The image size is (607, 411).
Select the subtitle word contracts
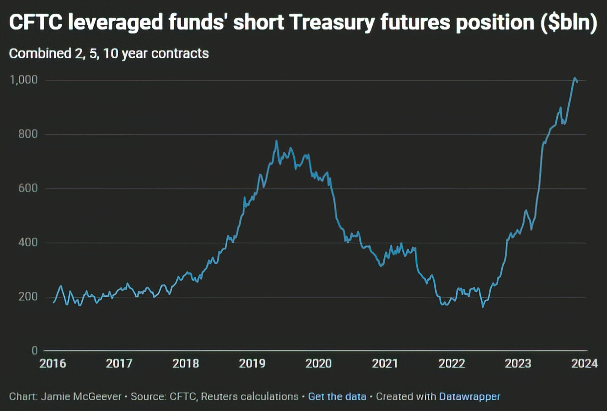point(180,53)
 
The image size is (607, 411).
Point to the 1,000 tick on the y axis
point(24,80)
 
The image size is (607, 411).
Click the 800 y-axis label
point(28,134)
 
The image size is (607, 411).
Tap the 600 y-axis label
point(28,188)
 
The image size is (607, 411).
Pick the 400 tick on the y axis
point(28,242)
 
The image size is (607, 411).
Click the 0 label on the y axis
point(34,351)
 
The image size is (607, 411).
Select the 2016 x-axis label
point(53,363)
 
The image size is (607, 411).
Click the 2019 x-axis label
point(252,363)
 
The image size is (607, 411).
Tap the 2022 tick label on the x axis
point(451,363)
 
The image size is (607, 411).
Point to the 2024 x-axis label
point(584,363)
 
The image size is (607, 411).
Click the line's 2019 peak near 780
point(276,141)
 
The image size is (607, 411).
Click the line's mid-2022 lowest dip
point(483,307)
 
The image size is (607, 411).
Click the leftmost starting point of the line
point(54,302)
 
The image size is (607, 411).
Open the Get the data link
point(337,397)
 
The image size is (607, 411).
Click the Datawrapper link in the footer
point(469,397)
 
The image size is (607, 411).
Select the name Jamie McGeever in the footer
point(81,397)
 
